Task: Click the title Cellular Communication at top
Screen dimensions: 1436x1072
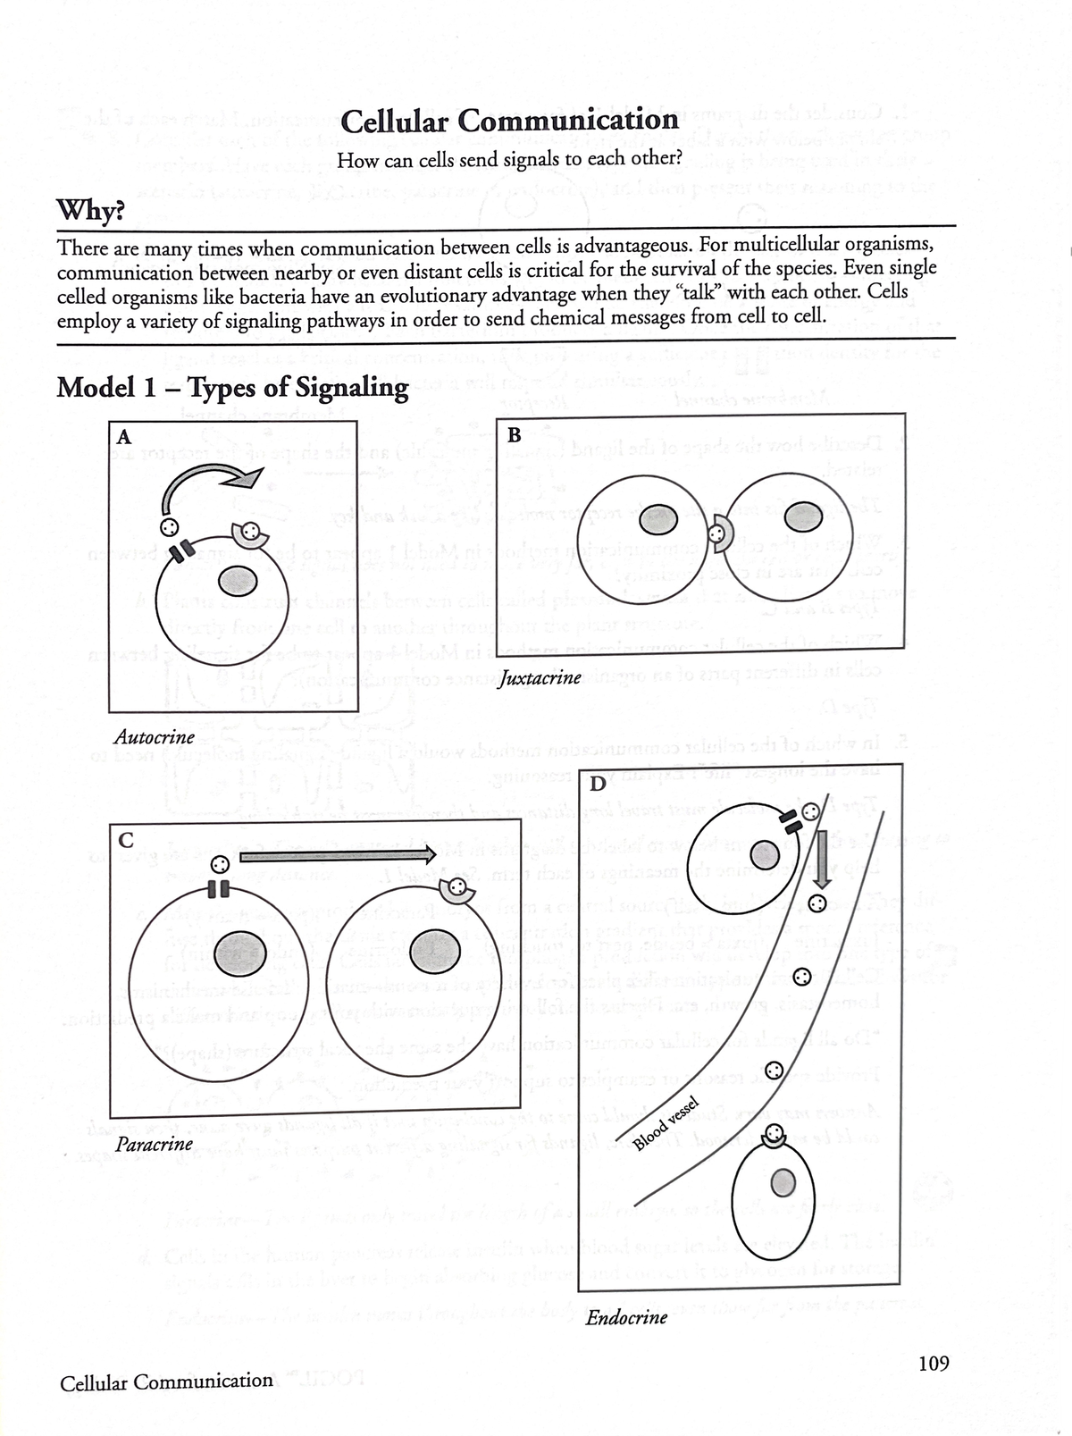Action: pos(510,121)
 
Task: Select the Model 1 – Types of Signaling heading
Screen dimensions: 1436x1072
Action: pos(232,388)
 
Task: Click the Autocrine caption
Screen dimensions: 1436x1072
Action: pos(155,737)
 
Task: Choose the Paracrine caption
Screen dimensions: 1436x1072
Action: pos(155,1144)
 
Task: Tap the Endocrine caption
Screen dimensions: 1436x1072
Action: pos(626,1317)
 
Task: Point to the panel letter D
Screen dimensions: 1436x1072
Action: pos(599,785)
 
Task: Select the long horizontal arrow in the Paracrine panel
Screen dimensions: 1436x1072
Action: pos(338,854)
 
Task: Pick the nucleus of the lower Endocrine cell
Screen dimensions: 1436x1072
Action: pos(783,1182)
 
